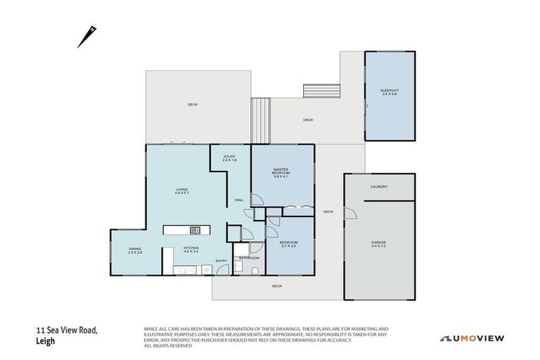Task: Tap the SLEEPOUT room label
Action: (x=389, y=92)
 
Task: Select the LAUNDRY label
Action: (x=379, y=186)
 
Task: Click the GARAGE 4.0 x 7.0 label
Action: (x=379, y=243)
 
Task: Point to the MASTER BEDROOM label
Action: (x=281, y=173)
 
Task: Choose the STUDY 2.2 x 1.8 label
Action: (x=229, y=158)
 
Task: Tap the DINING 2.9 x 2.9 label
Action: (x=135, y=250)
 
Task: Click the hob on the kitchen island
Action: (x=195, y=229)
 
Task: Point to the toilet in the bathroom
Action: (x=256, y=269)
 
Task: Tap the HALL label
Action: (x=239, y=201)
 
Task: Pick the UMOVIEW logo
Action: (x=472, y=338)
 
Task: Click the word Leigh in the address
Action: (x=45, y=342)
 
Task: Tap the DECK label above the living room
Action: (x=193, y=105)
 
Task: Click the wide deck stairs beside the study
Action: (x=261, y=121)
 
